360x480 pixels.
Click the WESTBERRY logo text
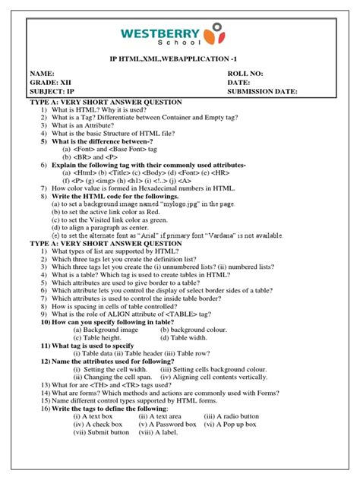tap(161, 33)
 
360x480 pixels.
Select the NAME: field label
tap(43, 74)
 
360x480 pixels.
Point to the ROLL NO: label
tap(245, 74)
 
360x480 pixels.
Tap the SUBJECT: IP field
tap(50, 92)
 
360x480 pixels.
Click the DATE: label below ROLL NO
tap(238, 83)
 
